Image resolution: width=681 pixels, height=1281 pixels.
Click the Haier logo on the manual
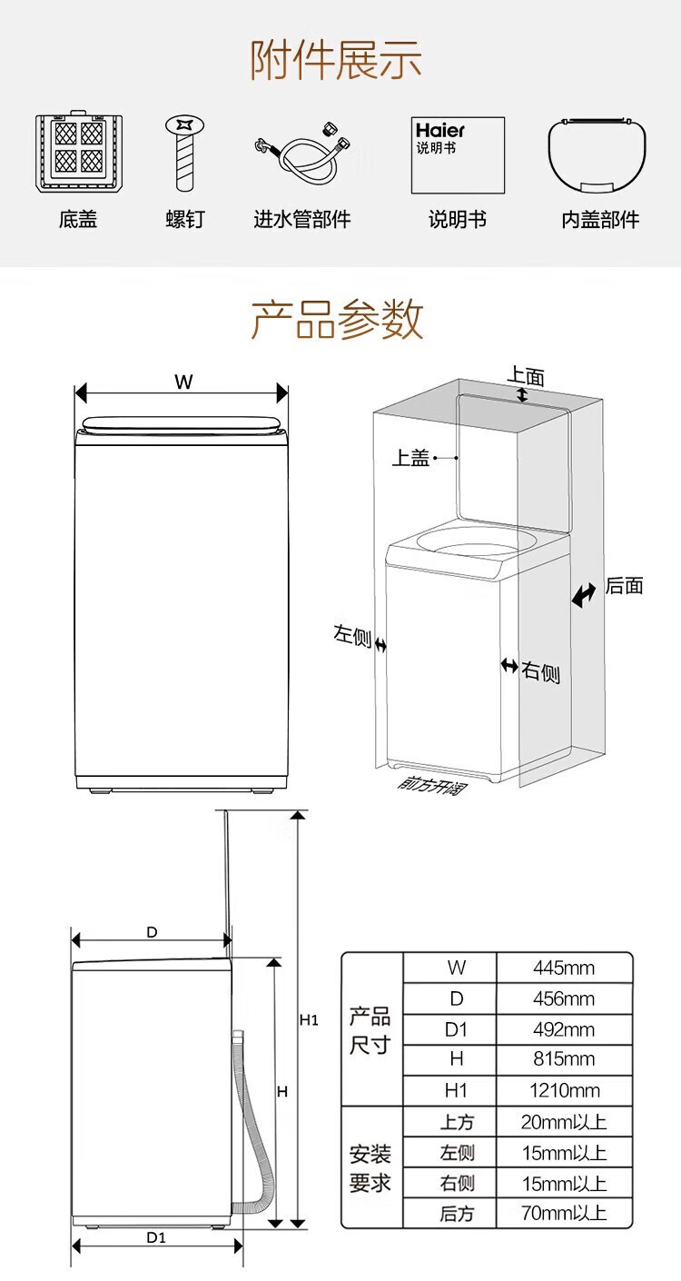click(439, 131)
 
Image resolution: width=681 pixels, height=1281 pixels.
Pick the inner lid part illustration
click(598, 155)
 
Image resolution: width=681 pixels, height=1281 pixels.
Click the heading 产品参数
click(338, 319)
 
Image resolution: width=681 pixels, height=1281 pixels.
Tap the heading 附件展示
click(338, 61)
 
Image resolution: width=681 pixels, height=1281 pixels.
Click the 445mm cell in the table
click(563, 968)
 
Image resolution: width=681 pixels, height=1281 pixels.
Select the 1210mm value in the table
click(563, 1090)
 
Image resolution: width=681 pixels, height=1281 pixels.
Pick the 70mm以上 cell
click(563, 1213)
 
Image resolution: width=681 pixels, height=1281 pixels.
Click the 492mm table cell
click(563, 1029)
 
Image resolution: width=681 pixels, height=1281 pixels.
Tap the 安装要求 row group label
click(370, 1168)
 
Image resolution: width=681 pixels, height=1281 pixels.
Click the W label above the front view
click(184, 382)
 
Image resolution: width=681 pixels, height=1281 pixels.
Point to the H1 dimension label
click(309, 1020)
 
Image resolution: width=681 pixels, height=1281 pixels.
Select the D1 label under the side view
click(156, 1236)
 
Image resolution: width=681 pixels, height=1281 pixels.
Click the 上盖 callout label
click(410, 459)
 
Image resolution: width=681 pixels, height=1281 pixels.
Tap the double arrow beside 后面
click(584, 594)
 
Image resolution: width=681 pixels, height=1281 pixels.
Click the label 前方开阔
click(431, 784)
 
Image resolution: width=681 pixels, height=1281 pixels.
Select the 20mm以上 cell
click(563, 1122)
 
